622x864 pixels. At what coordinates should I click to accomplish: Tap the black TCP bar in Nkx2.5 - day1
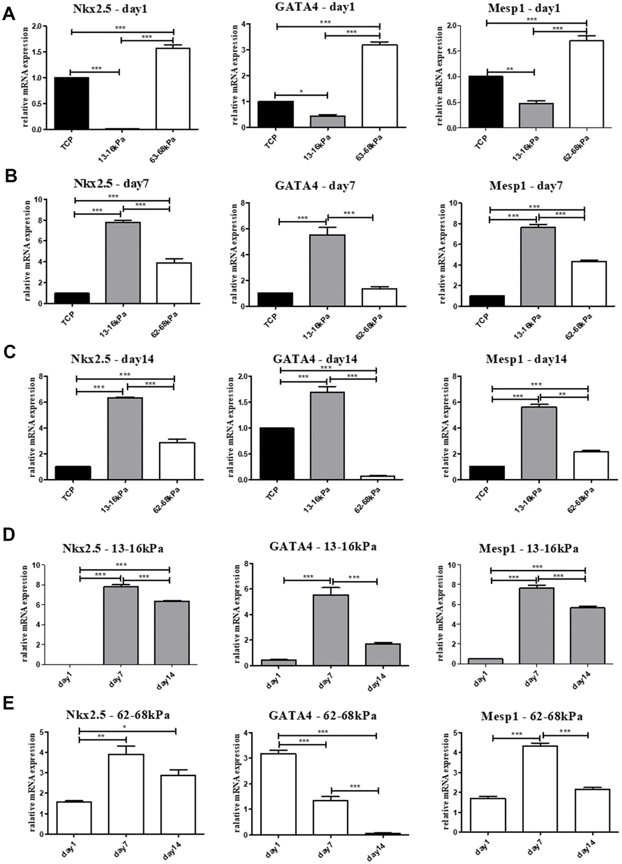(71, 103)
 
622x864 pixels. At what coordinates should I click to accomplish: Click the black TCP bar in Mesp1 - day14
(487, 473)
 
